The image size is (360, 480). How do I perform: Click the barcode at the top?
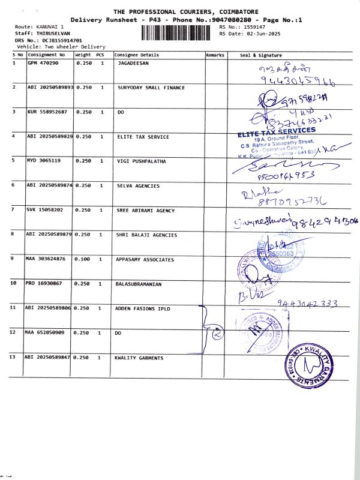click(179, 32)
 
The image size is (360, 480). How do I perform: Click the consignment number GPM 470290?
click(43, 63)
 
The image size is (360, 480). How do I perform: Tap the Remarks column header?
click(215, 55)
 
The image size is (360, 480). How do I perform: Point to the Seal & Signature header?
click(261, 55)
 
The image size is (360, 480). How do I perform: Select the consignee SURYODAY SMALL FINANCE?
click(151, 88)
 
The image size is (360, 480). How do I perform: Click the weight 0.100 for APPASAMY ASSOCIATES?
click(83, 260)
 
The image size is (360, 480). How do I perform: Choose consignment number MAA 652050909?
click(46, 332)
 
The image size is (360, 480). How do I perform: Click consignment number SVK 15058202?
click(45, 211)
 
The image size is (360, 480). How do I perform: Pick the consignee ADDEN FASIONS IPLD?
click(143, 308)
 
